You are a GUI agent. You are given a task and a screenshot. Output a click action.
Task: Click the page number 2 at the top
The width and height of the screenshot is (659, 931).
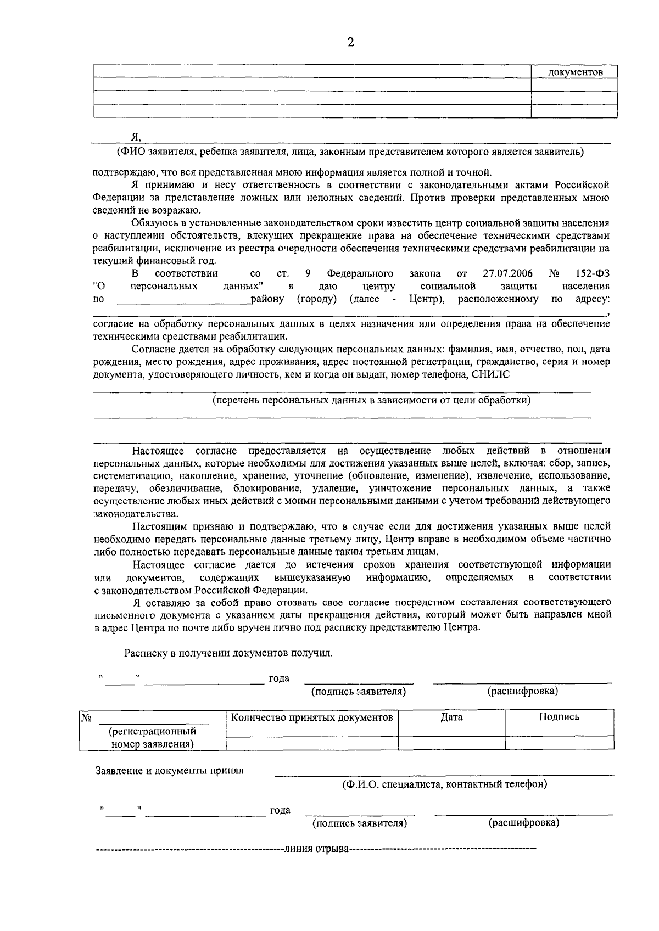click(x=350, y=43)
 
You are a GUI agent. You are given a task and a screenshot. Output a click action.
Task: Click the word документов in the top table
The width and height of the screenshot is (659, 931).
click(x=575, y=72)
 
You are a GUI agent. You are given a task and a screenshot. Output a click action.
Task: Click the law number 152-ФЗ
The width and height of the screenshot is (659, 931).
click(x=593, y=273)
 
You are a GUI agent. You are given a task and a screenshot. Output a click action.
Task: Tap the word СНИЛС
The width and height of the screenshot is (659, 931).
click(x=490, y=374)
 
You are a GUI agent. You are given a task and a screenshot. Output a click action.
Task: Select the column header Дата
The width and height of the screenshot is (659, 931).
click(x=451, y=717)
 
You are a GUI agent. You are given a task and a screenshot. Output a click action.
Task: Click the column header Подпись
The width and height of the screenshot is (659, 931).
click(x=559, y=717)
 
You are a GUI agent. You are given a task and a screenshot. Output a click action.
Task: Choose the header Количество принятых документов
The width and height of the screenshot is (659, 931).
click(x=312, y=717)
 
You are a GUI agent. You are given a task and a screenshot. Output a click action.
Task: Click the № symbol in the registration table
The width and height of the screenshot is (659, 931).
click(x=86, y=718)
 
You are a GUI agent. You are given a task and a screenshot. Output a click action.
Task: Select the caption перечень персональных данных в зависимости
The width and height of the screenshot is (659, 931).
click(x=372, y=400)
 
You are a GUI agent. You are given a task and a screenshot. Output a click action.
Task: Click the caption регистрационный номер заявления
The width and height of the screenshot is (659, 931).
click(x=153, y=738)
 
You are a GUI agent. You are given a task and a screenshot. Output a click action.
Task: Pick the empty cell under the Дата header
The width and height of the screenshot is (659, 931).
click(x=451, y=743)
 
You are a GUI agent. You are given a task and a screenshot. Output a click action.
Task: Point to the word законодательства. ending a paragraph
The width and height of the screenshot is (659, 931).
click(x=136, y=514)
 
